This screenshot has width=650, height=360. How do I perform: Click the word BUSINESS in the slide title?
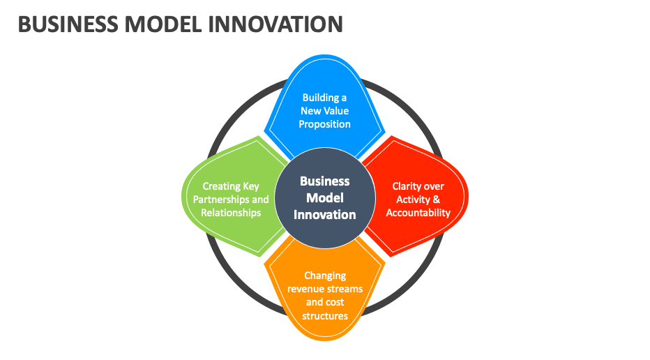(x=68, y=24)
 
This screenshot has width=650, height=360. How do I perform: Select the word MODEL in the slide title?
(x=163, y=24)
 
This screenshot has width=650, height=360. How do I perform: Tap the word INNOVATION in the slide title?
(x=275, y=24)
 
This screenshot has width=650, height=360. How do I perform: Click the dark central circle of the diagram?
(x=325, y=198)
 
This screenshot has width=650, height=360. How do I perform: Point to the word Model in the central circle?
(x=325, y=198)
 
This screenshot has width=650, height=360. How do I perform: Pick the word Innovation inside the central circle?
(x=325, y=214)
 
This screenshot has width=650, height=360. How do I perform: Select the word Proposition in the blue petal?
(x=324, y=124)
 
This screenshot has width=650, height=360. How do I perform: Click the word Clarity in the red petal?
(x=405, y=187)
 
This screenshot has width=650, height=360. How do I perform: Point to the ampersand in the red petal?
(x=436, y=200)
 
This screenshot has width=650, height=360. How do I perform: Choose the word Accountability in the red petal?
(x=418, y=213)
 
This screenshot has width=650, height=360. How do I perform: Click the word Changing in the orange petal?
(x=325, y=276)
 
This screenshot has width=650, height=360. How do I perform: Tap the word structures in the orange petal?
(x=325, y=316)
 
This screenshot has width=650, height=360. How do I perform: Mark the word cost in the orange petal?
(x=335, y=302)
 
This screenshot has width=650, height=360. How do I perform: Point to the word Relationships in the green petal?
(x=231, y=213)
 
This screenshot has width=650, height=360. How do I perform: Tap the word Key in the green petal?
(x=251, y=187)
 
